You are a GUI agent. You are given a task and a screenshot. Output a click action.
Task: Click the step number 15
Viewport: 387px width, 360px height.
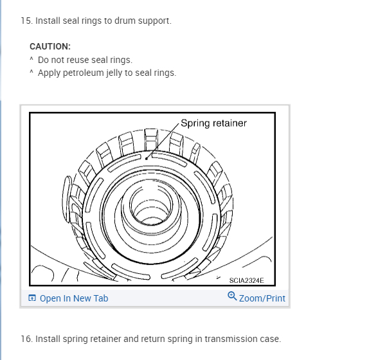click(26, 21)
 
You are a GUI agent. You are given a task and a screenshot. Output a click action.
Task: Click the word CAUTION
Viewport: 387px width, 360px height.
click(50, 47)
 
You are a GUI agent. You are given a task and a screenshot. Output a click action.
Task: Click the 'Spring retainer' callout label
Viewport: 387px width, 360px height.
click(213, 123)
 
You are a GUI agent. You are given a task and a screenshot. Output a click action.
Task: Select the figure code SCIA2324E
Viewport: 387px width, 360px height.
click(246, 280)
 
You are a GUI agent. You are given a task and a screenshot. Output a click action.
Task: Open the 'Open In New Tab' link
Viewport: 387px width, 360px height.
click(74, 298)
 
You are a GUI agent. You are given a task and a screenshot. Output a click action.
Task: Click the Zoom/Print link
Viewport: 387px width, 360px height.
click(262, 298)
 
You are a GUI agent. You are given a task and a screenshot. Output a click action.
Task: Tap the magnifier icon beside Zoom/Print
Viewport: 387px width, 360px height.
click(232, 297)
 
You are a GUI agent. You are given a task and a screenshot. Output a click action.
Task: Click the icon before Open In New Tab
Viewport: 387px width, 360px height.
click(32, 298)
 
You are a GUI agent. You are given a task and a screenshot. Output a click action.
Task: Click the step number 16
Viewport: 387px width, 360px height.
click(26, 339)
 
